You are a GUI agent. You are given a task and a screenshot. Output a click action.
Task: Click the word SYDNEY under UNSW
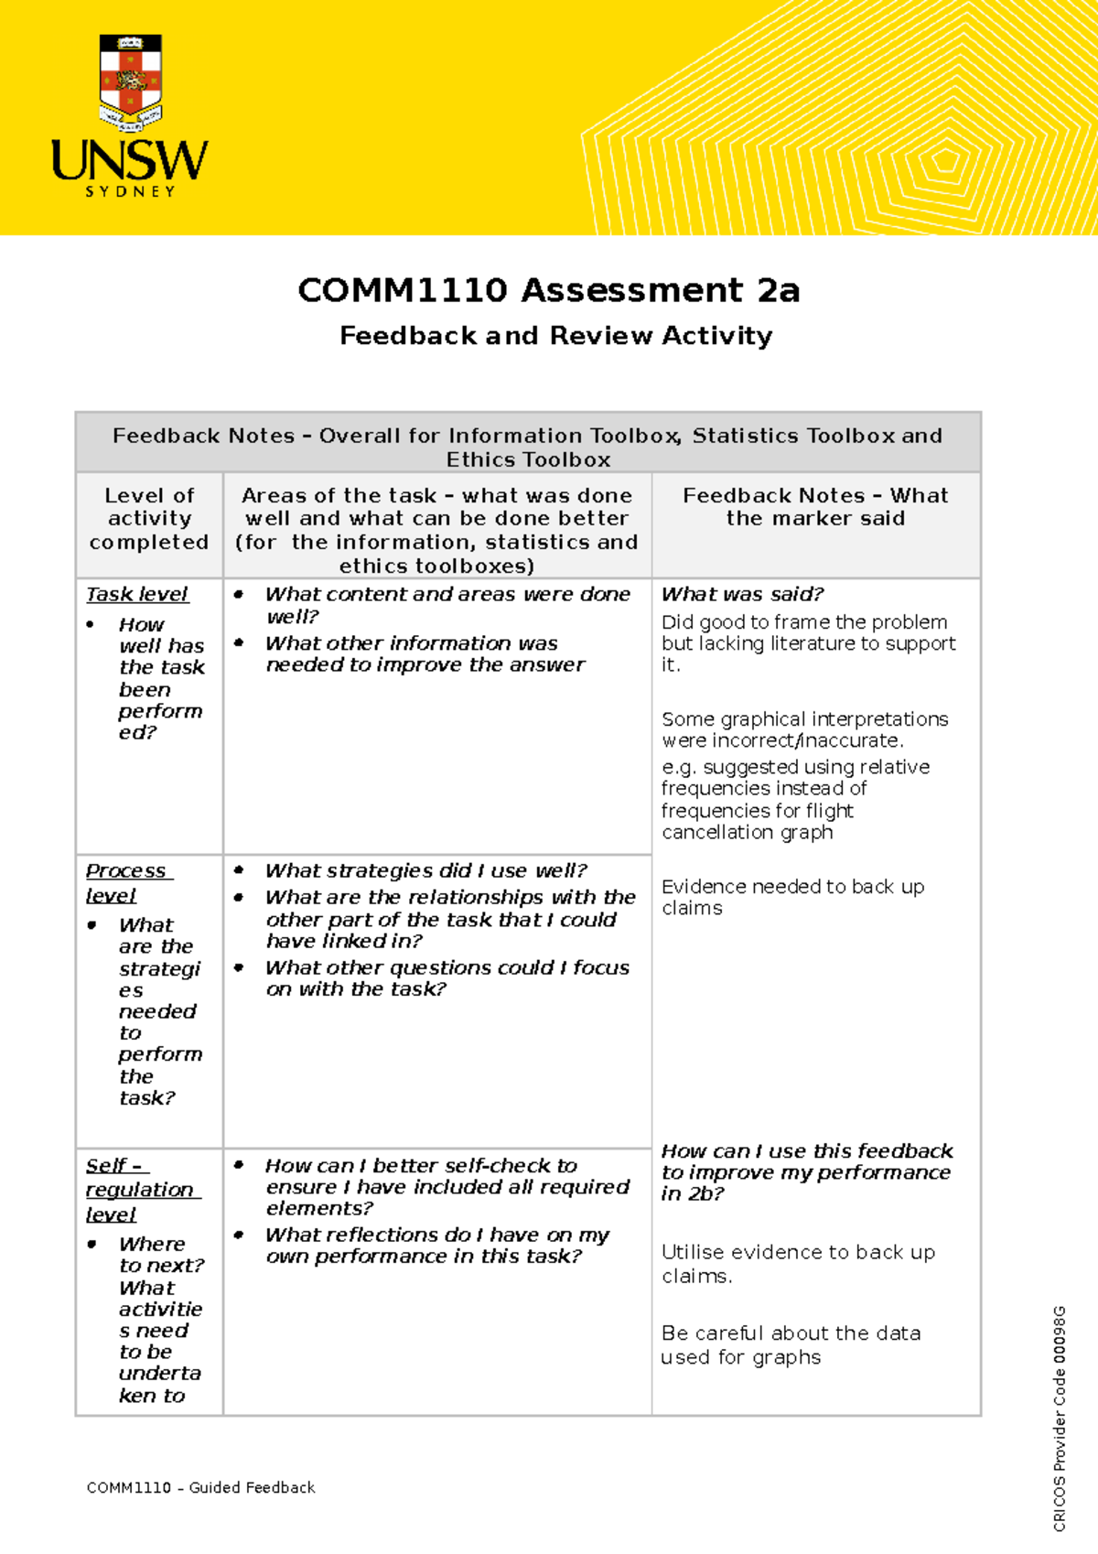point(131,192)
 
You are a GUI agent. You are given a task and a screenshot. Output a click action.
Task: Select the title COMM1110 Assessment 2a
point(548,290)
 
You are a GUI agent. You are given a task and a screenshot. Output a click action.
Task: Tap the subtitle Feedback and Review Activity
point(555,336)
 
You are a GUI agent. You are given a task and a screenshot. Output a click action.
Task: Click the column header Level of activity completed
point(149,519)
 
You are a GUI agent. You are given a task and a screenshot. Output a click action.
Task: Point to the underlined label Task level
point(137,594)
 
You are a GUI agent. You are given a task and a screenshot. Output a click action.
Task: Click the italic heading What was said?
point(742,594)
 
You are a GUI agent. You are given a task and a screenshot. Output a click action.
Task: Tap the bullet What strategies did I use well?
point(425,870)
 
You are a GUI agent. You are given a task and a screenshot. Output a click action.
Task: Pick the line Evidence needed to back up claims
point(792,897)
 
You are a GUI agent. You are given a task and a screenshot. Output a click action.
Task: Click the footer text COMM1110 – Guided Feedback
point(200,1487)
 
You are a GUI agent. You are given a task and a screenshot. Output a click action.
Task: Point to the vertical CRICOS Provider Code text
point(1059,1418)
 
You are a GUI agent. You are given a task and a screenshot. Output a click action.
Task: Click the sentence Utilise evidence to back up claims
point(798,1263)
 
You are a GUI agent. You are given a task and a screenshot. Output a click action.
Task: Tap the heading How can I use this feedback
point(806,1151)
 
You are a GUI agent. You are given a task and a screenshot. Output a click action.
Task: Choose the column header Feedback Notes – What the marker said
point(815,507)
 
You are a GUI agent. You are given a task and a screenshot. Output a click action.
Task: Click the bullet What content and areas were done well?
point(447,605)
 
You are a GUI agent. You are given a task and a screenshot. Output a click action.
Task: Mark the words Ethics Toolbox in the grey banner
point(528,459)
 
